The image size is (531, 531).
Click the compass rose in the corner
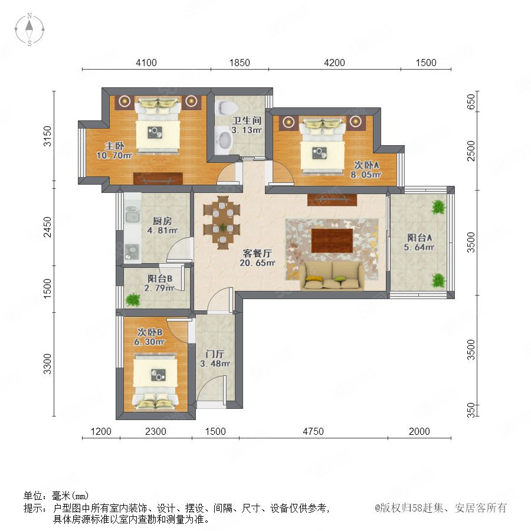click(29, 29)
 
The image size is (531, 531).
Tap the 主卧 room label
click(114, 146)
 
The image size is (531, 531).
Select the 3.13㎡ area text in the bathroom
click(246, 130)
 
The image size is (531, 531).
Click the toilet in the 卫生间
click(226, 107)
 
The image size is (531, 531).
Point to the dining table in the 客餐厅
click(222, 222)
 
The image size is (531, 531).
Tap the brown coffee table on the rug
click(332, 241)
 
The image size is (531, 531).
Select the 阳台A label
click(419, 238)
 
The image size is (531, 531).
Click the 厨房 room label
click(162, 221)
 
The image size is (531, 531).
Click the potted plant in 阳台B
click(133, 300)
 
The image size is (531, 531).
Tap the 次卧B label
click(150, 332)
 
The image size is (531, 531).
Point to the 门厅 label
click(215, 354)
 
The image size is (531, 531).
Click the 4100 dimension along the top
click(146, 63)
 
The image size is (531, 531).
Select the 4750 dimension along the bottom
click(313, 431)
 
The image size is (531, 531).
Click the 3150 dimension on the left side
click(48, 136)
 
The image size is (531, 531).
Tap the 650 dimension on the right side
click(471, 101)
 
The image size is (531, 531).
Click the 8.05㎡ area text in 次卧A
click(366, 175)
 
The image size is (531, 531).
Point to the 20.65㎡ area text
click(257, 263)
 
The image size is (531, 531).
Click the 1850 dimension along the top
click(240, 63)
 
